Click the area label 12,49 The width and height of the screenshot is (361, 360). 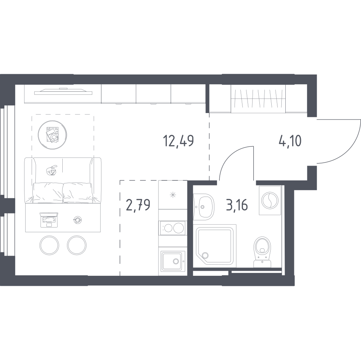click(178, 141)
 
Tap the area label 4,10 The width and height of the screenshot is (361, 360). click(290, 141)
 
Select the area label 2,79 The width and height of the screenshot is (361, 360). click(138, 205)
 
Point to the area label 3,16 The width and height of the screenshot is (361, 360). click(237, 205)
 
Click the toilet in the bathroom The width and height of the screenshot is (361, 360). click(262, 252)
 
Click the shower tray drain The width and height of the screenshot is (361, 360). click(205, 255)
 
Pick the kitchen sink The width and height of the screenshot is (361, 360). click(173, 261)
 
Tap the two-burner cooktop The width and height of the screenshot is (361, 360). click(173, 228)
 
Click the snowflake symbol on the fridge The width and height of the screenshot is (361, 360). click(173, 195)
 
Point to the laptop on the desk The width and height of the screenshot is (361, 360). click(49, 220)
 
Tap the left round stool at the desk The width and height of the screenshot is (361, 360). click(49, 245)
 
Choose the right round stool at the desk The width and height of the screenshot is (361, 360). click(77, 245)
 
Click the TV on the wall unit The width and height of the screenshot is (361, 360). click(63, 91)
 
